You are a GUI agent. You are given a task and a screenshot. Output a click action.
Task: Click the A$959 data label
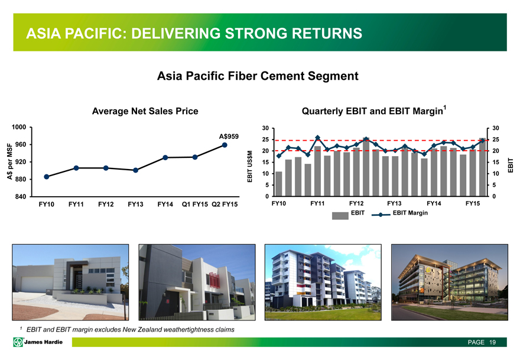pyautogui.click(x=229, y=137)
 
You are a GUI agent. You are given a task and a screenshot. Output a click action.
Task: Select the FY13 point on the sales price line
pyautogui.click(x=135, y=170)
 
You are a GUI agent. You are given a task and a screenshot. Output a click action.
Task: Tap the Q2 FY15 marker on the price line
pyautogui.click(x=225, y=145)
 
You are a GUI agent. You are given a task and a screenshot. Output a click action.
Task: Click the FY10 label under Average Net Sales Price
pyautogui.click(x=47, y=205)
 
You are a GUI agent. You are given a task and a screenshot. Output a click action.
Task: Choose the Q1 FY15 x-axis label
pyautogui.click(x=194, y=205)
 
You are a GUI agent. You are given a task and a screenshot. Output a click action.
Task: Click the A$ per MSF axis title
pyautogui.click(x=9, y=161)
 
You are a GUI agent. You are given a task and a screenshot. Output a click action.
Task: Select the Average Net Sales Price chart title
pyautogui.click(x=145, y=111)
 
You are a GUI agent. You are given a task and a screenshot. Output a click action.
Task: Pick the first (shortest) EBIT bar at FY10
pyautogui.click(x=278, y=184)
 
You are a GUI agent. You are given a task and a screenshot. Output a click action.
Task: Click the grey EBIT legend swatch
pyautogui.click(x=340, y=216)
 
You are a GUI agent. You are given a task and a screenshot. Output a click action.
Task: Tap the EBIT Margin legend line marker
pyautogui.click(x=381, y=215)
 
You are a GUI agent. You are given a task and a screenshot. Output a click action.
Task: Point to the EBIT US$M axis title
pyautogui.click(x=250, y=167)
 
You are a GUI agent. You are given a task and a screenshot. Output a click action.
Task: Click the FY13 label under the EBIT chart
pyautogui.click(x=394, y=203)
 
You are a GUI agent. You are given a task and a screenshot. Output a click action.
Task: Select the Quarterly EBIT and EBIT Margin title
pyautogui.click(x=373, y=111)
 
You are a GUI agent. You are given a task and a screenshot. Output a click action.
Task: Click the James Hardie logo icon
pyautogui.click(x=18, y=342)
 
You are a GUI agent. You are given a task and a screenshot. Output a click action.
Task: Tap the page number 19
pyautogui.click(x=492, y=342)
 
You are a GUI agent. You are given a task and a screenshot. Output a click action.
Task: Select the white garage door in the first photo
pyautogui.click(x=37, y=284)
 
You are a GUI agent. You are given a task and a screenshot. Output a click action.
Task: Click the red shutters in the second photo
pyautogui.click(x=214, y=280)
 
